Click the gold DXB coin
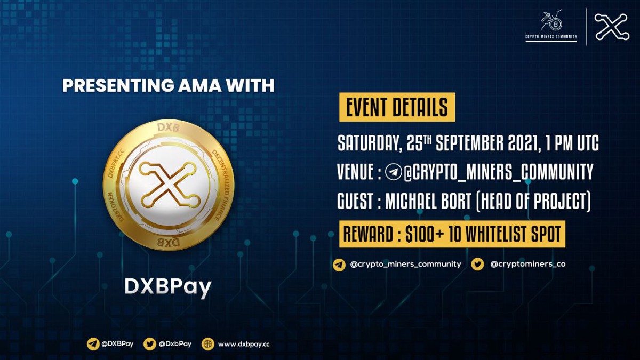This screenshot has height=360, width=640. [x=169, y=185]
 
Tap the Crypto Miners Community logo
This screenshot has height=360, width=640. [x=551, y=25]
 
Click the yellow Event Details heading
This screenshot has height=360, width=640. [x=397, y=107]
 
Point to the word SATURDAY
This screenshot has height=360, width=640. [x=368, y=143]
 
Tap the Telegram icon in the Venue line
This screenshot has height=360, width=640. [x=393, y=172]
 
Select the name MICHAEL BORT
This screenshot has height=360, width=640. [x=428, y=201]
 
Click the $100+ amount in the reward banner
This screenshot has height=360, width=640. [x=425, y=234]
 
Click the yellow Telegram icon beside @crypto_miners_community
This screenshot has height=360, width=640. [x=339, y=265]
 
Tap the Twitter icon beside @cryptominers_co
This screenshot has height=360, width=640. [x=477, y=264]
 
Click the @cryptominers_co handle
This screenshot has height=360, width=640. [x=527, y=264]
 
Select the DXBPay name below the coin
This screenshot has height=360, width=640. [x=168, y=287]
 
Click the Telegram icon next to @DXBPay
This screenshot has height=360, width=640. [x=93, y=344]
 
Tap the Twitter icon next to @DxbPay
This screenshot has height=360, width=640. [x=150, y=344]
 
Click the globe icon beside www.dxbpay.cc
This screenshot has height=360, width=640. [x=207, y=344]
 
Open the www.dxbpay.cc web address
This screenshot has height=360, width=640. [x=244, y=345]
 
